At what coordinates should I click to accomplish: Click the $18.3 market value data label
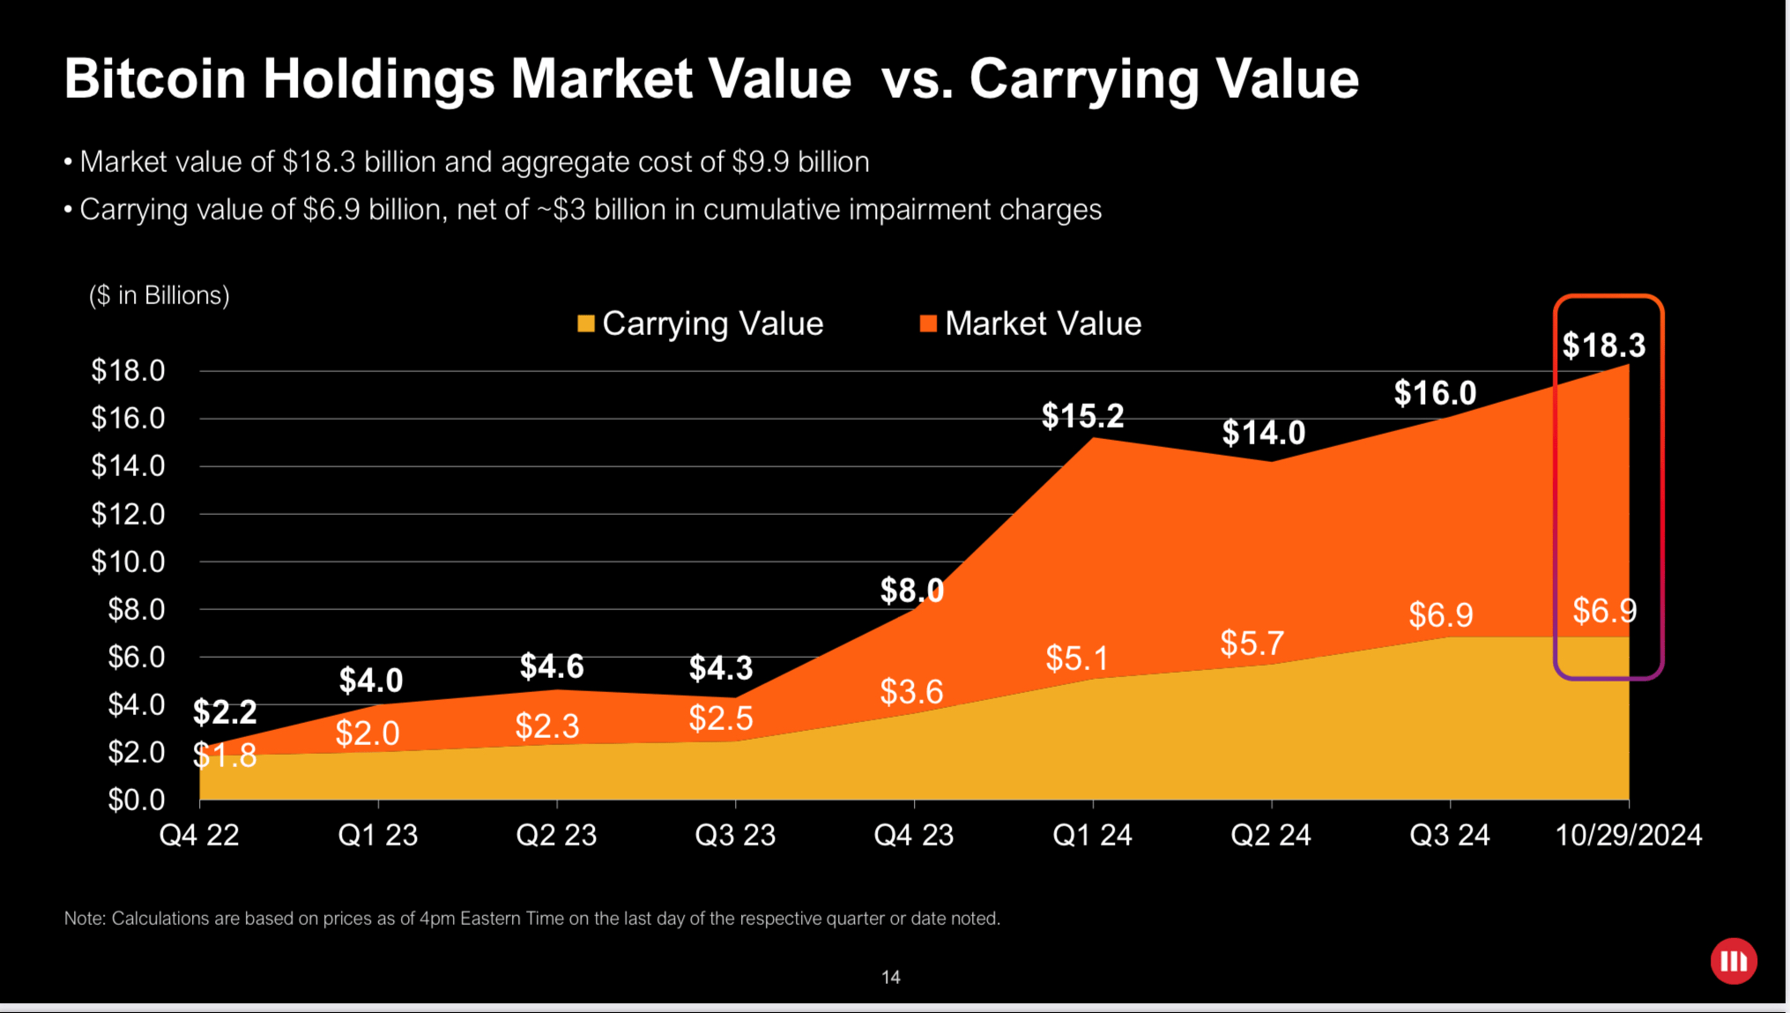(x=1603, y=345)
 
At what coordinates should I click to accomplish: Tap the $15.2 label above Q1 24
(x=1082, y=415)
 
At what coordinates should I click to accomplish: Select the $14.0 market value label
(x=1263, y=433)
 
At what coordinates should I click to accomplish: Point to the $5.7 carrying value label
(x=1252, y=644)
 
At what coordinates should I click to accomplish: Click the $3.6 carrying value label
(x=911, y=692)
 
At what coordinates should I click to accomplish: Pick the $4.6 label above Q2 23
(x=552, y=667)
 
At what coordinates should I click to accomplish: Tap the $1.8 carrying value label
(x=226, y=756)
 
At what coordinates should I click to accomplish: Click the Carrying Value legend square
(x=585, y=324)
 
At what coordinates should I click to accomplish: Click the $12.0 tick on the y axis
(x=128, y=514)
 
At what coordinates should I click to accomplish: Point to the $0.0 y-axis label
(x=136, y=800)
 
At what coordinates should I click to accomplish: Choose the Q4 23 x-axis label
(x=913, y=835)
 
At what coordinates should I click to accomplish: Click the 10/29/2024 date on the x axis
(x=1628, y=835)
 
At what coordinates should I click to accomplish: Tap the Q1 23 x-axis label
(x=377, y=835)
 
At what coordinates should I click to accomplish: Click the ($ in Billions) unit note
(x=159, y=295)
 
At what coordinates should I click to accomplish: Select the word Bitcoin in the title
(x=155, y=79)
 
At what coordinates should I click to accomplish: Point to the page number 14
(x=890, y=977)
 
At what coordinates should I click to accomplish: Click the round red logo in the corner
(x=1733, y=961)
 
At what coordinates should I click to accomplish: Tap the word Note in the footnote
(x=84, y=919)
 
